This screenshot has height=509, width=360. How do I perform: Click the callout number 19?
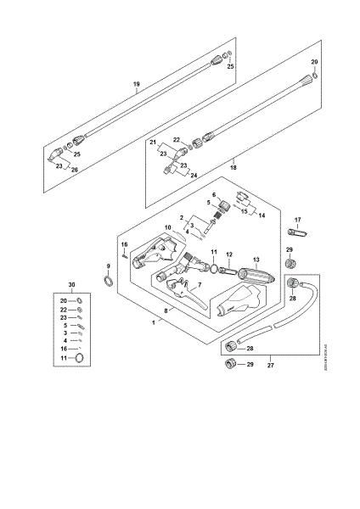(136, 84)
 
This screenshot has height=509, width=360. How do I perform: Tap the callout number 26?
(74, 171)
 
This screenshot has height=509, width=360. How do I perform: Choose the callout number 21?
(155, 145)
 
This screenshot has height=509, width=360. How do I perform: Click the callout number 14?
(262, 215)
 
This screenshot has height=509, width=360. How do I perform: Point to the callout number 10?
(167, 227)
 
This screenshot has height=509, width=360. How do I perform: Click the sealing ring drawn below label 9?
(108, 281)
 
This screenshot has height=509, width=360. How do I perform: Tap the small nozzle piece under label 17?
(298, 232)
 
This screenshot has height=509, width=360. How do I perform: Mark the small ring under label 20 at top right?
(315, 76)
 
